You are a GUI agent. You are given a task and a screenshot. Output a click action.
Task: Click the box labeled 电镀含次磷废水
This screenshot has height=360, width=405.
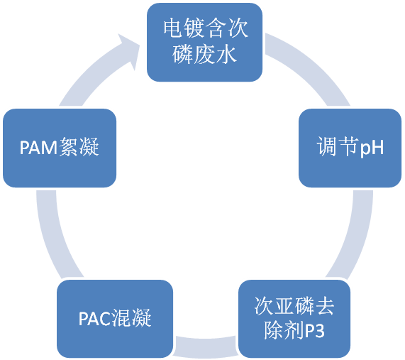click(x=204, y=42)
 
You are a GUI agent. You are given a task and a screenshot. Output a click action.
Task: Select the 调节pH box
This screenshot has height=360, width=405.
click(x=350, y=148)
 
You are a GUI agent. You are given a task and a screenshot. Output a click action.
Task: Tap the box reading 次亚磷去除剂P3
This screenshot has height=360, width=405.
click(x=294, y=319)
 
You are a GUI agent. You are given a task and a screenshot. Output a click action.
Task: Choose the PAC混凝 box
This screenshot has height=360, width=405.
click(x=115, y=319)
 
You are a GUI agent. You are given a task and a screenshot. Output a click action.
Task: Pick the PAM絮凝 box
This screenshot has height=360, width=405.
click(x=60, y=148)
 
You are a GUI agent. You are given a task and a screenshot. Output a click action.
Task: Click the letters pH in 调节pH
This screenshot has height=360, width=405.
click(x=372, y=148)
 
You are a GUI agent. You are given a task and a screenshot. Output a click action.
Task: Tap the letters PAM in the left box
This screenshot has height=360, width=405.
click(x=38, y=148)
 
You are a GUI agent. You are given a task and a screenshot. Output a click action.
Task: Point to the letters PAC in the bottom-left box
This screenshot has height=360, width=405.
click(x=95, y=318)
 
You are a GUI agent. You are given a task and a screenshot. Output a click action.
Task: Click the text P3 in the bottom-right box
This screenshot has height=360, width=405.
click(x=314, y=330)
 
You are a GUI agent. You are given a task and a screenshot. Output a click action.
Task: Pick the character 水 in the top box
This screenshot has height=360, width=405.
click(x=226, y=54)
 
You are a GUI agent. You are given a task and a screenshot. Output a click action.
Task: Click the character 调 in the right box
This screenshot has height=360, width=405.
click(x=327, y=146)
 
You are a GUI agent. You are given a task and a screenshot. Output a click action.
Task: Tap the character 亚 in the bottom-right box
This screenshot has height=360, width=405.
click(x=284, y=306)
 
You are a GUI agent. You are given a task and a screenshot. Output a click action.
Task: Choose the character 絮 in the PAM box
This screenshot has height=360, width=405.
click(x=69, y=147)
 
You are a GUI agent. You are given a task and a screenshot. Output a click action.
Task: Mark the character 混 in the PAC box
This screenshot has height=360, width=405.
click(x=121, y=318)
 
